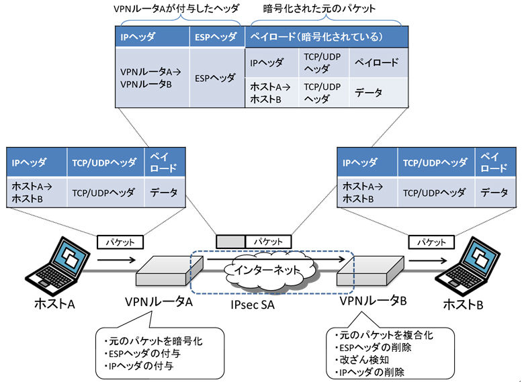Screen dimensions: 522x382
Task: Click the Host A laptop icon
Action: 58,267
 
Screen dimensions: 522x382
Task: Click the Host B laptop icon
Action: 468,267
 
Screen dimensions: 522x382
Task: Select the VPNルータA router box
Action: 169,271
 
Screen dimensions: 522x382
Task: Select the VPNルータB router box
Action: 370,271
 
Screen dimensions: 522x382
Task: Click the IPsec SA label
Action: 253,305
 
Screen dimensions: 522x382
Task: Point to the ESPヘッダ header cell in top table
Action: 217,37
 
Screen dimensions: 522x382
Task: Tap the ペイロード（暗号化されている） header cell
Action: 327,37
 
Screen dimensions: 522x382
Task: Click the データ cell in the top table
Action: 378,93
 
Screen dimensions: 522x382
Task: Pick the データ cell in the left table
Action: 165,192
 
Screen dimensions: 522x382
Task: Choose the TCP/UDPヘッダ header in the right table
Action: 436,162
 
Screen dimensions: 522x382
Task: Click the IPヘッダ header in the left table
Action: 37,162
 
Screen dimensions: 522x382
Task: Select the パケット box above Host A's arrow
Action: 120,242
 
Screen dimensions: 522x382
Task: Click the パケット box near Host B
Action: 431,242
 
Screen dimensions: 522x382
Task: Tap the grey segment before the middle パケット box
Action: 230,242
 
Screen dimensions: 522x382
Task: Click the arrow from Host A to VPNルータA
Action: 116,260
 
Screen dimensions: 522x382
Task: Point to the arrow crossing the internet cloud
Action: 276,259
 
